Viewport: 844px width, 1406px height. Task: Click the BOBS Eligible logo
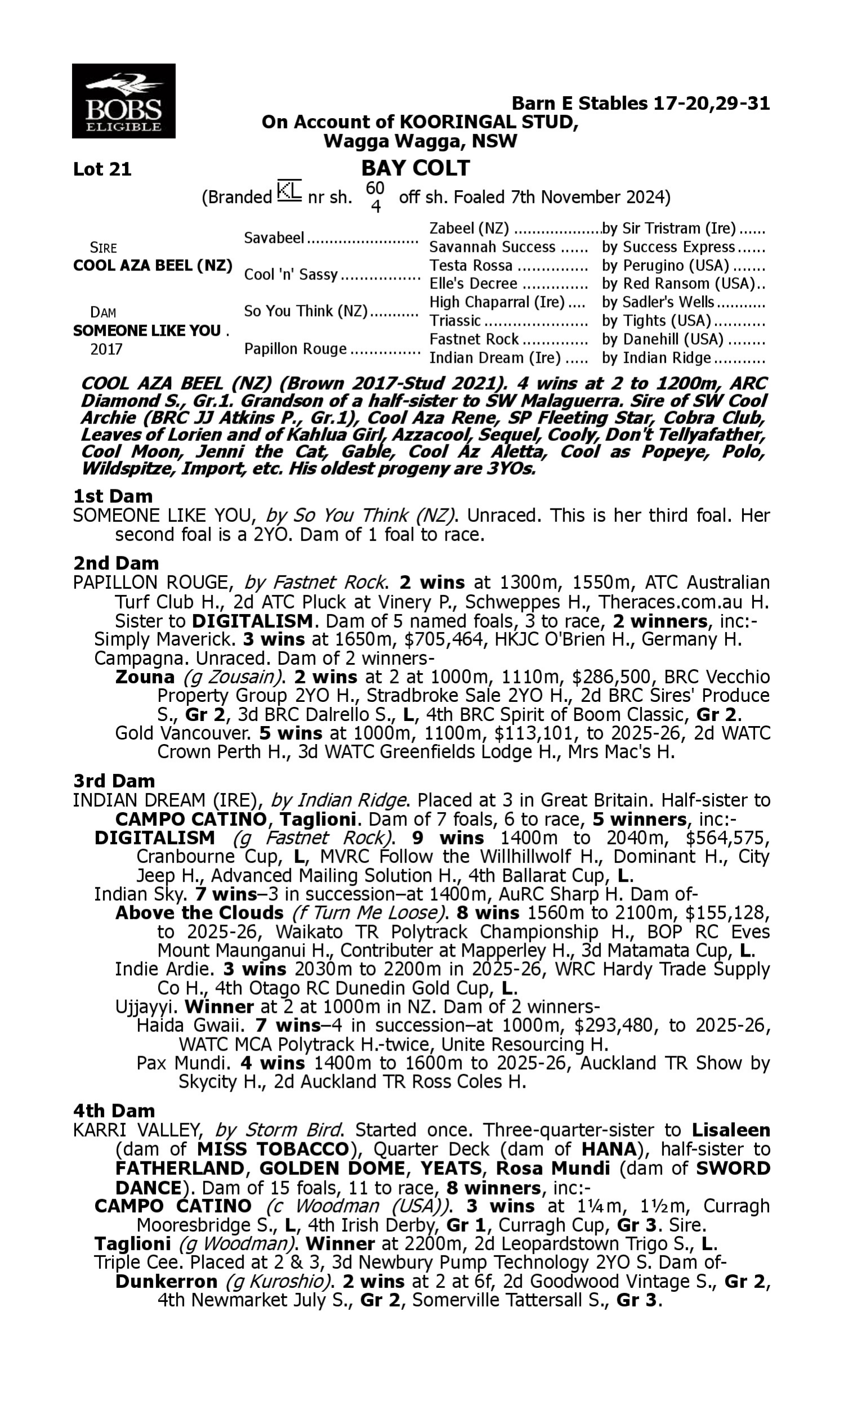[123, 101]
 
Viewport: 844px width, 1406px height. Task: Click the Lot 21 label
[102, 169]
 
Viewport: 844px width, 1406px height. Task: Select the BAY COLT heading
[415, 168]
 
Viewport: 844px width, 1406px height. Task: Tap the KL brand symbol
[289, 191]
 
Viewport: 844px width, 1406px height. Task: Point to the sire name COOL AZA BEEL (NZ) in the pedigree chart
[152, 266]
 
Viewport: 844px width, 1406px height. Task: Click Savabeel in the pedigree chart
[274, 238]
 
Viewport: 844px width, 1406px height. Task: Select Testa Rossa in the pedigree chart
[471, 265]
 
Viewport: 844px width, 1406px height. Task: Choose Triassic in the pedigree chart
[455, 321]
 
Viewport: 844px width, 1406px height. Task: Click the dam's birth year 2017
[106, 349]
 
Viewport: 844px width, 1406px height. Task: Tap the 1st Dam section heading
[113, 496]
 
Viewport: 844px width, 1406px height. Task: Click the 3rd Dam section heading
[114, 781]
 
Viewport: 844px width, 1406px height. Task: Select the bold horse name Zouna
[145, 677]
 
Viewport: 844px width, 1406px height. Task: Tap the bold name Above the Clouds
[199, 913]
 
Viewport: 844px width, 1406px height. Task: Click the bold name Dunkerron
[166, 1282]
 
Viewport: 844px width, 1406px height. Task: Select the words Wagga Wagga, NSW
[420, 141]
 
